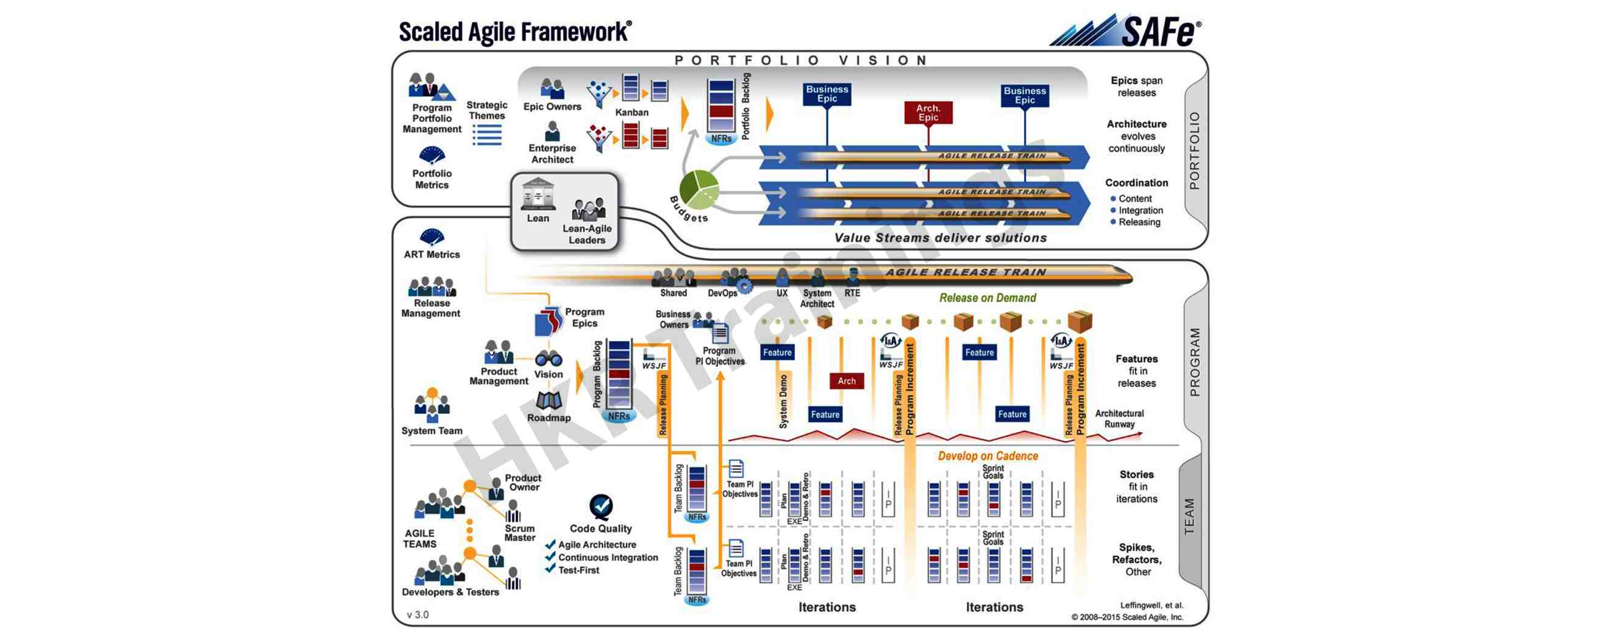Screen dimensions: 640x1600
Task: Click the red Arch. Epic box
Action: pos(928,113)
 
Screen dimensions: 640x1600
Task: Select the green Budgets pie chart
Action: pos(699,189)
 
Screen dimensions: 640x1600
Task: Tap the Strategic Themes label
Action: pos(487,110)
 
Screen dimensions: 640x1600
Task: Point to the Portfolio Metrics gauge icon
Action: pos(432,154)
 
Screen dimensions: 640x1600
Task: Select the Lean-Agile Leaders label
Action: pos(587,234)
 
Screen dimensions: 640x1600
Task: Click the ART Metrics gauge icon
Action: pos(432,236)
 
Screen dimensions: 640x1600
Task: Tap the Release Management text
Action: pos(431,308)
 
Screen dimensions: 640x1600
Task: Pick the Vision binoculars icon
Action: pos(549,358)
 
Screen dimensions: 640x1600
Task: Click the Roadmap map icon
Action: pos(549,401)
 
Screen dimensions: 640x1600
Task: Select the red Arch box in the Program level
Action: pos(847,381)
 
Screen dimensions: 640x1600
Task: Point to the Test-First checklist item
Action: pos(578,570)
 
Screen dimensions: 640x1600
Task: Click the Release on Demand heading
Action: pos(987,297)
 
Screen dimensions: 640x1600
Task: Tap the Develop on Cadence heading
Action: pos(987,455)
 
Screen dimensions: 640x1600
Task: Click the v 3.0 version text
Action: pos(418,614)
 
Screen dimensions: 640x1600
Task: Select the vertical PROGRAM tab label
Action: pos(1195,362)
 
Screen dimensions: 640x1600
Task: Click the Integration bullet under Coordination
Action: pos(1140,211)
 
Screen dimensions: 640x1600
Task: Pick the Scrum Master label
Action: pos(520,533)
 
